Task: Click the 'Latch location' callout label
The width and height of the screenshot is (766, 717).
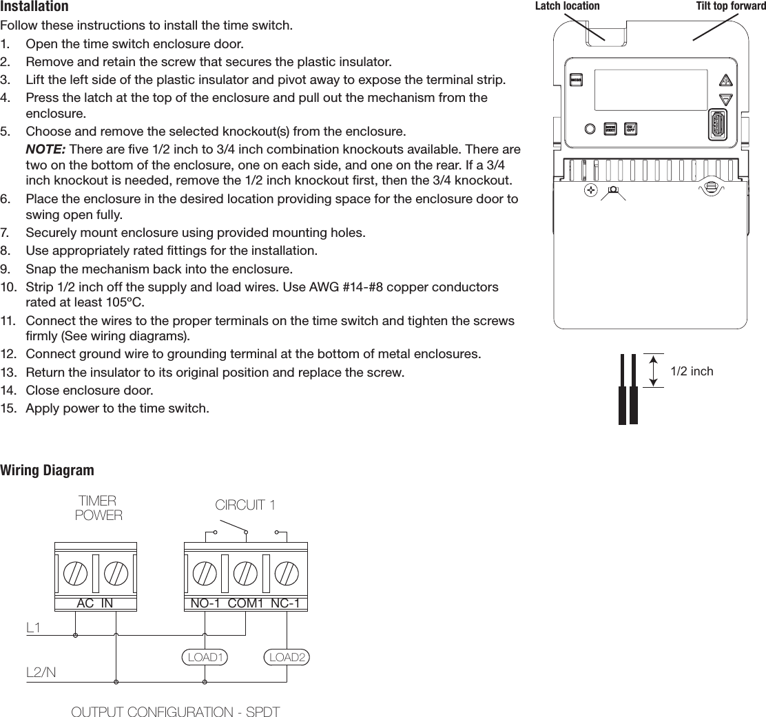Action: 567,6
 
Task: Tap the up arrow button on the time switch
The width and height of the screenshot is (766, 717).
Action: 725,80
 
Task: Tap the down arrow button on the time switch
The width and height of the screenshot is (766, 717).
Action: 725,100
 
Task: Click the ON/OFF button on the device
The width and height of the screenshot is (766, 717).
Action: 630,129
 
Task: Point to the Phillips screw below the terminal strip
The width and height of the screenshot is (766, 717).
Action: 590,188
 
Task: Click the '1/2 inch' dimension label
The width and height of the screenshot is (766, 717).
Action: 692,371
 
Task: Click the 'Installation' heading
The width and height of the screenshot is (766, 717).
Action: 34,7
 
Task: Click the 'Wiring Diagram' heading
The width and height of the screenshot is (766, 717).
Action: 47,470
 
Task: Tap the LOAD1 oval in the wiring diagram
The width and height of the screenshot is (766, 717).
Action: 205,656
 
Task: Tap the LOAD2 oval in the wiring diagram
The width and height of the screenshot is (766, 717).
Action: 287,656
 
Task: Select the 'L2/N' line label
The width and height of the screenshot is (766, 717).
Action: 41,672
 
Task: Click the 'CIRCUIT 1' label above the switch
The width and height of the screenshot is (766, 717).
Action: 245,505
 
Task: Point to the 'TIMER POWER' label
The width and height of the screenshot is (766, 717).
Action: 98,508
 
